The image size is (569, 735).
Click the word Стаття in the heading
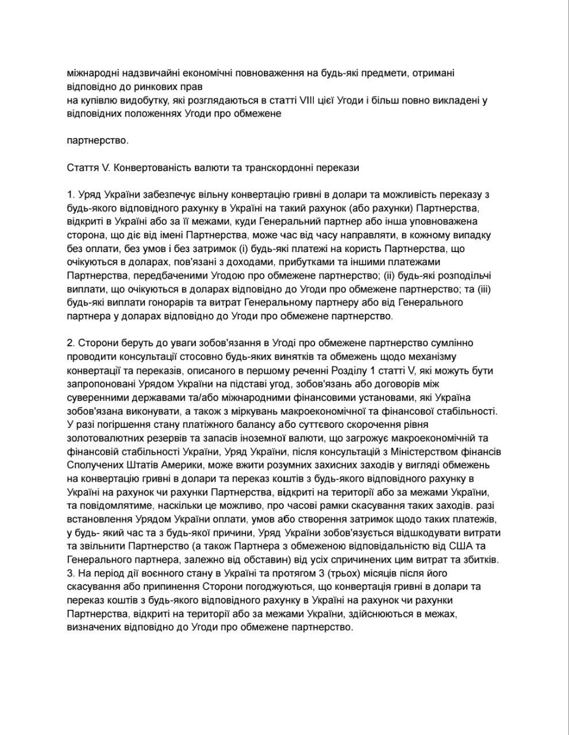point(80,167)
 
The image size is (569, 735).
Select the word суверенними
point(94,398)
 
